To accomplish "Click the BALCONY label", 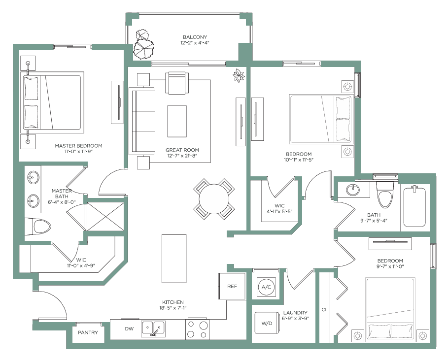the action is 195,37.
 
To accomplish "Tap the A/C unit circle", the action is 266,287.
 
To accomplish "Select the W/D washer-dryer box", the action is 267,323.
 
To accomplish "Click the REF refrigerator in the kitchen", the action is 232,286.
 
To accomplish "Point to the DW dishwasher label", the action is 129,328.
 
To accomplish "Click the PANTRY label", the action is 88,332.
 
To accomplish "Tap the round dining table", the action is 214,199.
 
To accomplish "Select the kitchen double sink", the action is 153,328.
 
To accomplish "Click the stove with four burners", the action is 197,329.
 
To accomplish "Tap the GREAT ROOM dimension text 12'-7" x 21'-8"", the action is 182,156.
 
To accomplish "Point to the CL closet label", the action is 325,309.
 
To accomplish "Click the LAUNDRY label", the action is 295,313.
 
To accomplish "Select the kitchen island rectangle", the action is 174,259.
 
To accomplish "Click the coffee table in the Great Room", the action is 177,121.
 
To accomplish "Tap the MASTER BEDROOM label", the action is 78,146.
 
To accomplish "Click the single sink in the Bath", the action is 353,190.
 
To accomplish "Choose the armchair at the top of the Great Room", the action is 177,83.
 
